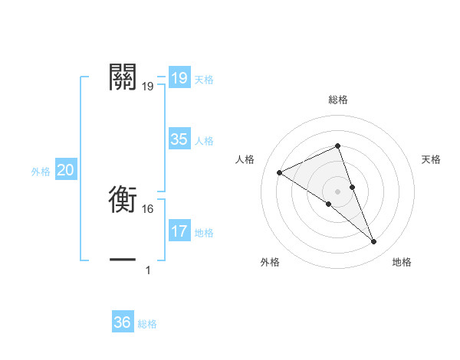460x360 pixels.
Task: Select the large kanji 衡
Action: point(123,200)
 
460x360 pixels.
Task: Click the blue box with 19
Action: point(179,78)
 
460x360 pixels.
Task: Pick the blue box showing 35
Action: point(179,139)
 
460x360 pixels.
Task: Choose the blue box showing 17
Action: point(179,231)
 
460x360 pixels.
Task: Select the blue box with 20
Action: point(65,170)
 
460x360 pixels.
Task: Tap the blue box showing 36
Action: point(123,322)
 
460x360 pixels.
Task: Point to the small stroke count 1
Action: point(148,270)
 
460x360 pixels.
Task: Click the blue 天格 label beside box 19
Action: point(204,80)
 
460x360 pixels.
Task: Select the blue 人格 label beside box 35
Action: point(204,141)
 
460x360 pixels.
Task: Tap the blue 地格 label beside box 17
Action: point(204,233)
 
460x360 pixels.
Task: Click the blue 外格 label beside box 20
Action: point(41,172)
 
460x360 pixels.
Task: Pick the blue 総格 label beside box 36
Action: point(147,324)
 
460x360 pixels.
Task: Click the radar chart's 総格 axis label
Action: point(337,100)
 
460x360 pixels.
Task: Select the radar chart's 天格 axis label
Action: point(431,159)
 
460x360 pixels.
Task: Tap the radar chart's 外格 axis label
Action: point(269,262)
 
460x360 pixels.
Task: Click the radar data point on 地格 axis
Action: point(373,242)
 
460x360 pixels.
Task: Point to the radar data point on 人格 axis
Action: point(279,172)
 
